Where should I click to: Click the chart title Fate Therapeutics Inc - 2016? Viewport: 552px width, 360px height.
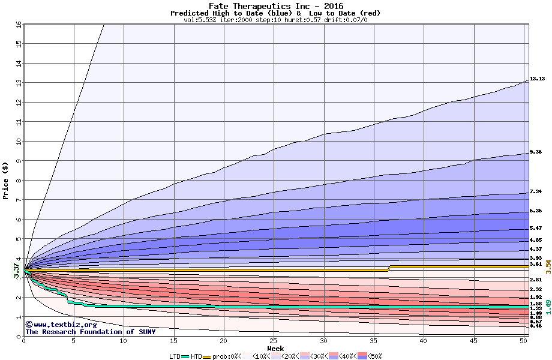[276, 6]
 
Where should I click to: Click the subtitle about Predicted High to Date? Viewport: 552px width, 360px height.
[275, 13]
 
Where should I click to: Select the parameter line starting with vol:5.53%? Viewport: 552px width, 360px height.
[275, 20]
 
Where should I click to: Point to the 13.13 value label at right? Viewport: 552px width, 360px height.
[536, 79]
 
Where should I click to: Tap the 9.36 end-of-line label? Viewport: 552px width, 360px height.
[536, 152]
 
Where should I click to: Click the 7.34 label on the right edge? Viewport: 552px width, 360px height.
[536, 191]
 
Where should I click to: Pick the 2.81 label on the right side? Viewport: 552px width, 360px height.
[536, 280]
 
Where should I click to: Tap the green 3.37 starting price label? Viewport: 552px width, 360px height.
[16, 271]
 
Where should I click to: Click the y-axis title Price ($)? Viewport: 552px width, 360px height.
[5, 181]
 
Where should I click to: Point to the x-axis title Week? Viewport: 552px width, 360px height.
[275, 349]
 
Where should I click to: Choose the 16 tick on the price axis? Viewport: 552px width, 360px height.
[18, 25]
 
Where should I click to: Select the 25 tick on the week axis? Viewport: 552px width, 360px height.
[273, 341]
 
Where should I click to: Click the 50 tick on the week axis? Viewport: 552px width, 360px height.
[523, 341]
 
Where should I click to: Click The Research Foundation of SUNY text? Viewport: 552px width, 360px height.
[90, 332]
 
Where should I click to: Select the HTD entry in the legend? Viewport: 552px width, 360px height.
[196, 356]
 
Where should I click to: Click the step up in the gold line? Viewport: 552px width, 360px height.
[389, 268]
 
